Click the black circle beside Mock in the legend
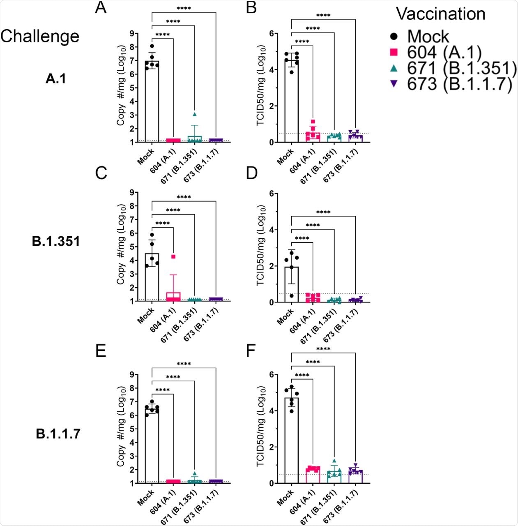tap(394, 37)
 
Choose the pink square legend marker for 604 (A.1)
tap(394, 53)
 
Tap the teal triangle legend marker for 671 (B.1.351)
tap(394, 69)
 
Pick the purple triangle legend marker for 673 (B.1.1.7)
tap(394, 84)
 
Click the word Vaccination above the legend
tap(440, 14)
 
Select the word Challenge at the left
tap(40, 36)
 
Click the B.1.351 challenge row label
tap(56, 241)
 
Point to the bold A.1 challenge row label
tap(56, 79)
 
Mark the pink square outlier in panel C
tap(173, 256)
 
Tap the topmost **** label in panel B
tap(323, 16)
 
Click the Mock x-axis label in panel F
tap(285, 497)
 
